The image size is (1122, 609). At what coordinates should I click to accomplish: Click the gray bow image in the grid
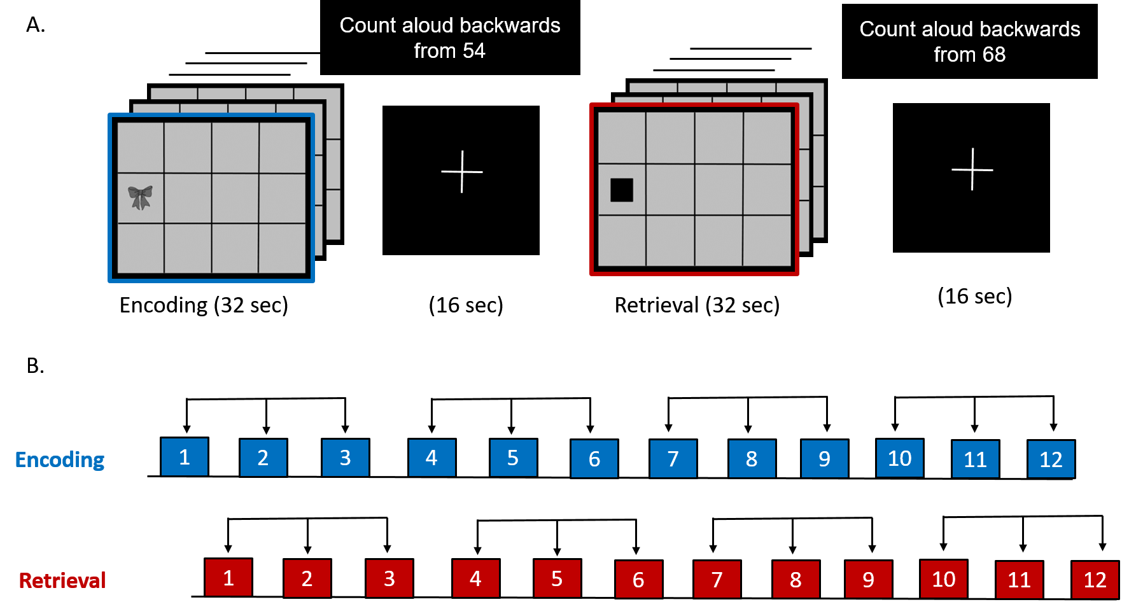point(140,197)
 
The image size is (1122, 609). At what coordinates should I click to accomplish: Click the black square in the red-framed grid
point(621,190)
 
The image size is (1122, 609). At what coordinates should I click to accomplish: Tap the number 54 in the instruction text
point(473,51)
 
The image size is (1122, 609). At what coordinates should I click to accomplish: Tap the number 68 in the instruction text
point(993,55)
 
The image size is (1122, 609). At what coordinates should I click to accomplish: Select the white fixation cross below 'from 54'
point(462,171)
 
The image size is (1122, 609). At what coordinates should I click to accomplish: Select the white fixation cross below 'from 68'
point(972,169)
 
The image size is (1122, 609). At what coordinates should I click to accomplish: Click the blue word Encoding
point(60,459)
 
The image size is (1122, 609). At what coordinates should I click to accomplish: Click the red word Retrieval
point(62,580)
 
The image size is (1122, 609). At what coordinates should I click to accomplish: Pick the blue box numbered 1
point(185,457)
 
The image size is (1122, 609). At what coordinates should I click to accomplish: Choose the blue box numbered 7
point(673,459)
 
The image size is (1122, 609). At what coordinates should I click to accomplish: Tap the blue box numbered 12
point(1051,459)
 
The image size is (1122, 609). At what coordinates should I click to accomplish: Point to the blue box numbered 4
point(431,458)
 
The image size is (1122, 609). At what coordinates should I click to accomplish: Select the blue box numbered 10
point(899,458)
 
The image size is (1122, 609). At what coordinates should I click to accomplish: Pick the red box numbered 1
point(228,578)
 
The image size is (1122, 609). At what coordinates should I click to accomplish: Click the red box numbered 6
point(638,580)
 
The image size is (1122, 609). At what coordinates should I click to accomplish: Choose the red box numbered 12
point(1095,580)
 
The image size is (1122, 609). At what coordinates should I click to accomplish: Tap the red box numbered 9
point(868,580)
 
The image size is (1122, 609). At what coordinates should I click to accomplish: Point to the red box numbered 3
point(389,578)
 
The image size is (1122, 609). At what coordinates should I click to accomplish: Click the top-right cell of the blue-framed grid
point(282,147)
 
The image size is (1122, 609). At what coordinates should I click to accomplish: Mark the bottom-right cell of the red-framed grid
point(767,241)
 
